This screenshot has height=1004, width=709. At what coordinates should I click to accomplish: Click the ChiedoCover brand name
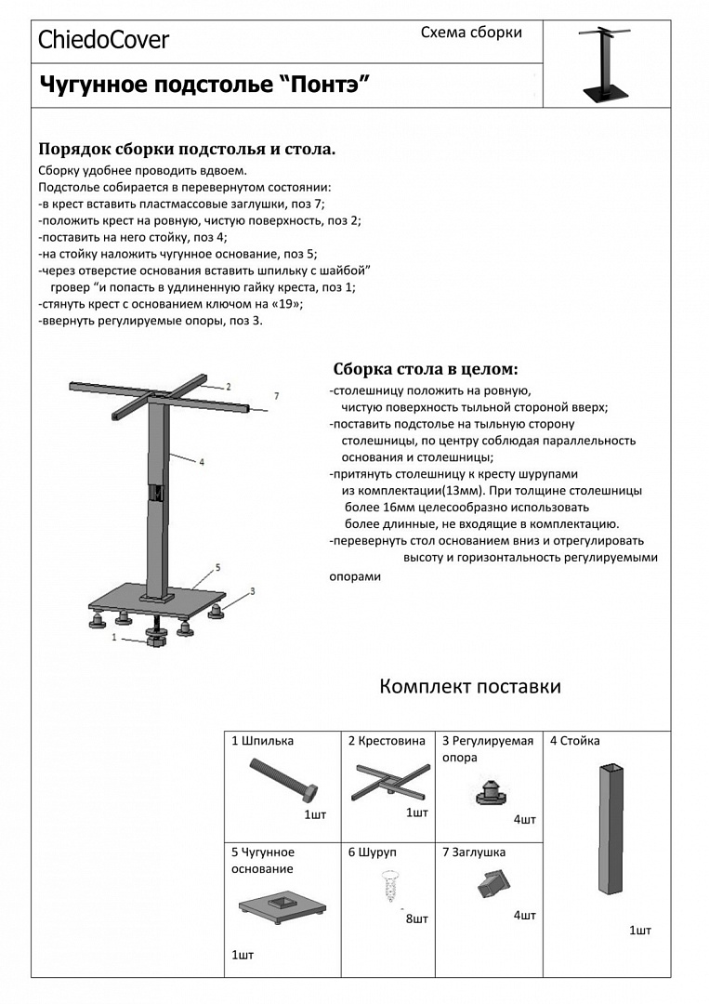pyautogui.click(x=103, y=39)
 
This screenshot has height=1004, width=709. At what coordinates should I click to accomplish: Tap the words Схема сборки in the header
pyautogui.click(x=471, y=33)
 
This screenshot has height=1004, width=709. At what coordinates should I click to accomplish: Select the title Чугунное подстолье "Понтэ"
pyautogui.click(x=204, y=86)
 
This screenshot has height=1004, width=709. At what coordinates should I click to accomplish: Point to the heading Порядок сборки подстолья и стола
pyautogui.click(x=187, y=149)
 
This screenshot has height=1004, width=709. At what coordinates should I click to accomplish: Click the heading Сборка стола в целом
pyautogui.click(x=426, y=368)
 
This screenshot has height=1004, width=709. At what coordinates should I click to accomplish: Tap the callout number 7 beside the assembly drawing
pyautogui.click(x=275, y=396)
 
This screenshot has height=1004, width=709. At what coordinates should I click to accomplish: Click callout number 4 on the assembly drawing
pyautogui.click(x=201, y=461)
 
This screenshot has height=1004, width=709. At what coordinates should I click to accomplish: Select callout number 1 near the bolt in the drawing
pyautogui.click(x=114, y=638)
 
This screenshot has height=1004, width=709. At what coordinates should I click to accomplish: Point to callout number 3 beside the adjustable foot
pyautogui.click(x=252, y=591)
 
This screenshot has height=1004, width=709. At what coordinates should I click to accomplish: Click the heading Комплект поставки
pyautogui.click(x=470, y=687)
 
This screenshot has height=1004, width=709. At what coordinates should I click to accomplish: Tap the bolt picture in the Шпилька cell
pyautogui.click(x=284, y=780)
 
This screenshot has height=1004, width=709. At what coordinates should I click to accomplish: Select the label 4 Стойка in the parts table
pyautogui.click(x=574, y=741)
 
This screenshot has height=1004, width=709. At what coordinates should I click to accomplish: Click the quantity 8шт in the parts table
pyautogui.click(x=416, y=919)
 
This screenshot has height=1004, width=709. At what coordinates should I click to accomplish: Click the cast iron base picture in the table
pyautogui.click(x=282, y=905)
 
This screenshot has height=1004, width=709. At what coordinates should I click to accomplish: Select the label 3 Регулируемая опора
pyautogui.click(x=487, y=748)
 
